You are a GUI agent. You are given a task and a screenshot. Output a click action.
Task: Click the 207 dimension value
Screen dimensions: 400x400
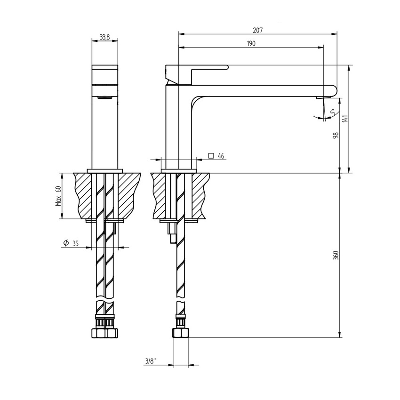pyautogui.click(x=257, y=30)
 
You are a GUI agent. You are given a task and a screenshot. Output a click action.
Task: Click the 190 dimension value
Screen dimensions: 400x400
pyautogui.click(x=251, y=43)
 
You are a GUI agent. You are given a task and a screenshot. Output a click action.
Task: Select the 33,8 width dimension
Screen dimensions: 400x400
pyautogui.click(x=104, y=38)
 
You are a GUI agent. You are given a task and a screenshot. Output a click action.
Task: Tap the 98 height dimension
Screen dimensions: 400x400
pyautogui.click(x=336, y=136)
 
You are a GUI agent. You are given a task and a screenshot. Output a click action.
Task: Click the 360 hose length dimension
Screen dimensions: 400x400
pyautogui.click(x=336, y=255)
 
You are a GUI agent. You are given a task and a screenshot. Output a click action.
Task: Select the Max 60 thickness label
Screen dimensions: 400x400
pyautogui.click(x=58, y=196)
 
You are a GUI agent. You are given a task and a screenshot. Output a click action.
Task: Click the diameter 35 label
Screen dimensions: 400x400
pyautogui.click(x=75, y=243)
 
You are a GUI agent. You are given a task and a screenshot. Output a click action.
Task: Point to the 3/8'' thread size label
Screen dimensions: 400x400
pyautogui.click(x=151, y=361)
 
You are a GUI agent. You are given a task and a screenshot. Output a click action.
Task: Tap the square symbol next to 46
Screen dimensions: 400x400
pyautogui.click(x=211, y=156)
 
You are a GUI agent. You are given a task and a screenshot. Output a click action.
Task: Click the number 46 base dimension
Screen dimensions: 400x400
pyautogui.click(x=221, y=156)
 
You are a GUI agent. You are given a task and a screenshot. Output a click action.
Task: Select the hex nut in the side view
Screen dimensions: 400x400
pyautogui.click(x=181, y=334)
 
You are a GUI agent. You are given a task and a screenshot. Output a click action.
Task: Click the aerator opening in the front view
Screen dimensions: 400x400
pyautogui.click(x=104, y=98)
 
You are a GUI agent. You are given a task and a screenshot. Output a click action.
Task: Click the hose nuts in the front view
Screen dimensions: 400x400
pyautogui.click(x=104, y=332)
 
